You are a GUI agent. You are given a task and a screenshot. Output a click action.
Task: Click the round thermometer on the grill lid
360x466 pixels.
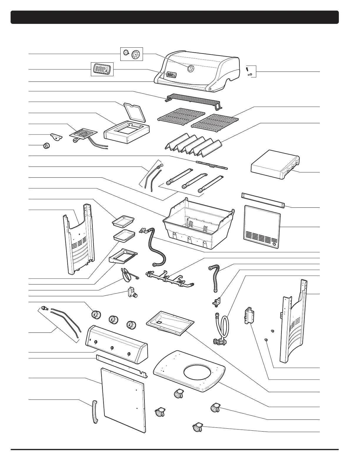[x=190, y=69]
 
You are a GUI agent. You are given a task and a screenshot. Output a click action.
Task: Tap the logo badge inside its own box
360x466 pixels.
[x=102, y=69]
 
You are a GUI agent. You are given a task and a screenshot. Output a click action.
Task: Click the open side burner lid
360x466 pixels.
[x=136, y=112]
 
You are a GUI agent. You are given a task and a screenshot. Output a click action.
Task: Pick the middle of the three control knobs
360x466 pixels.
[x=113, y=320]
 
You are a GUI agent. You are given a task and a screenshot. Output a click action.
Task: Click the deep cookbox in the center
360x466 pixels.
[x=198, y=224]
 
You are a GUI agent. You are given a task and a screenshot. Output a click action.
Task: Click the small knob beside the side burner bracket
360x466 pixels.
[x=46, y=146]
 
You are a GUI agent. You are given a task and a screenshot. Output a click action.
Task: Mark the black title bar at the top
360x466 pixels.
[x=175, y=17]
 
